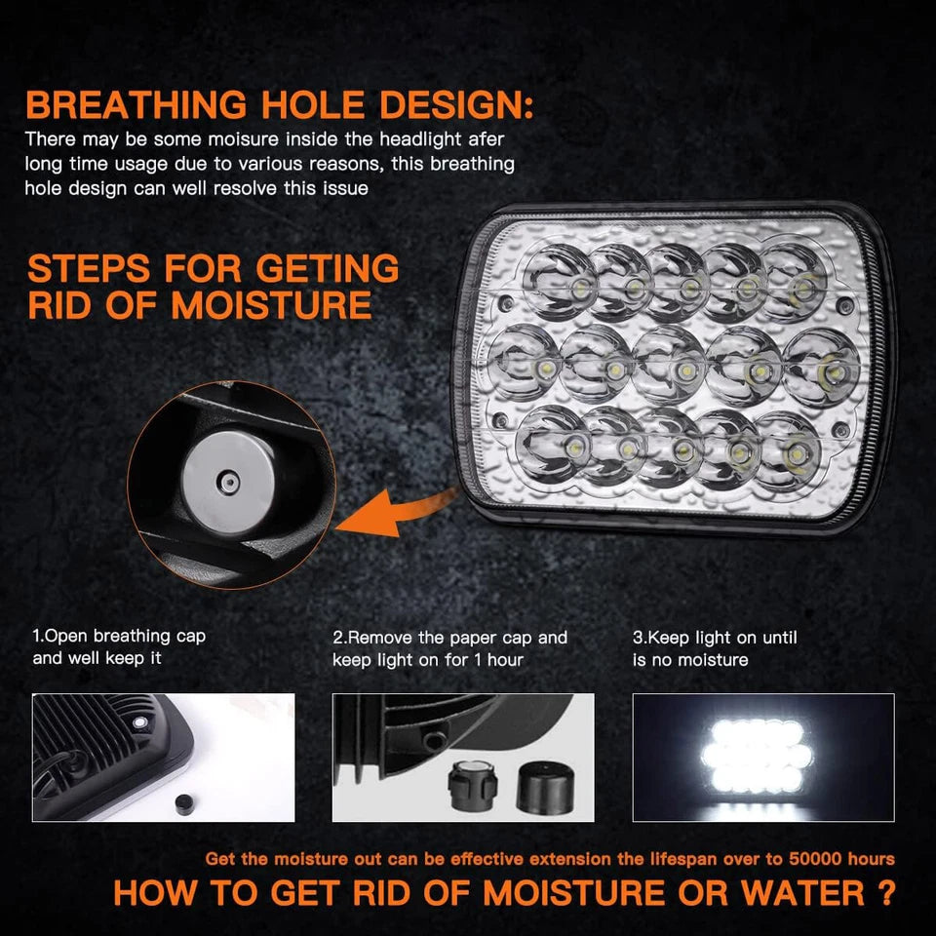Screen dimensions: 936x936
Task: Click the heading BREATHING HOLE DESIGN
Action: pos(280,104)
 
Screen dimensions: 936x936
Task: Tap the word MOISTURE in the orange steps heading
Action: pos(271,305)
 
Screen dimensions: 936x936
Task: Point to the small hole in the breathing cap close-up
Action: pos(227,480)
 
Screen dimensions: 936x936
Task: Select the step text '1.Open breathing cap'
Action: pos(120,637)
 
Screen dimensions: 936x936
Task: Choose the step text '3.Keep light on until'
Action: pos(715,638)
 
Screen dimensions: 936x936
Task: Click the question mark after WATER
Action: pos(885,892)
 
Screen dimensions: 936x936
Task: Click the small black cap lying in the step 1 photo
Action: pos(179,801)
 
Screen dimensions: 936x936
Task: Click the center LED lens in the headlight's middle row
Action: pos(670,366)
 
